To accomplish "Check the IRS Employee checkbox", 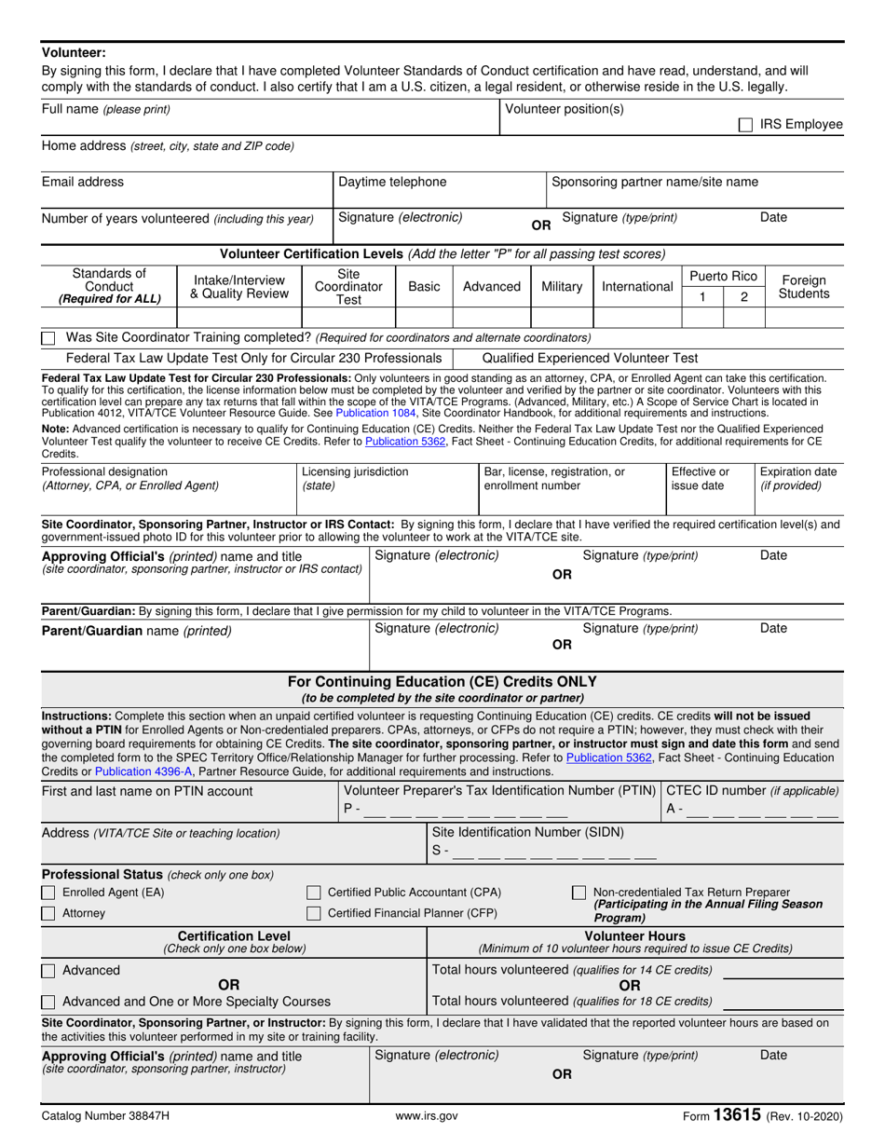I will click(745, 125).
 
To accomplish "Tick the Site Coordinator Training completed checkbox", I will click(48, 337).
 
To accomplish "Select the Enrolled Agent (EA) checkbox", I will click(48, 893).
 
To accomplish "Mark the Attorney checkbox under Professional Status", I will click(48, 913).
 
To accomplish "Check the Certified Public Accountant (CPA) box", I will click(314, 893).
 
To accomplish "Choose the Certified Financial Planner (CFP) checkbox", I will click(314, 913).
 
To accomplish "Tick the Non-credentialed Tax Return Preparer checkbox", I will click(579, 893).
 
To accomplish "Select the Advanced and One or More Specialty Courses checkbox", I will click(48, 1002).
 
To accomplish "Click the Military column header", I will click(562, 286).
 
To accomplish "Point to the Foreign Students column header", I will click(803, 286).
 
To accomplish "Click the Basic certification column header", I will click(424, 286).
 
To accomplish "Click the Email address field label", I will click(83, 183).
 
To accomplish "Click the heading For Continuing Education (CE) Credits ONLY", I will click(442, 681).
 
